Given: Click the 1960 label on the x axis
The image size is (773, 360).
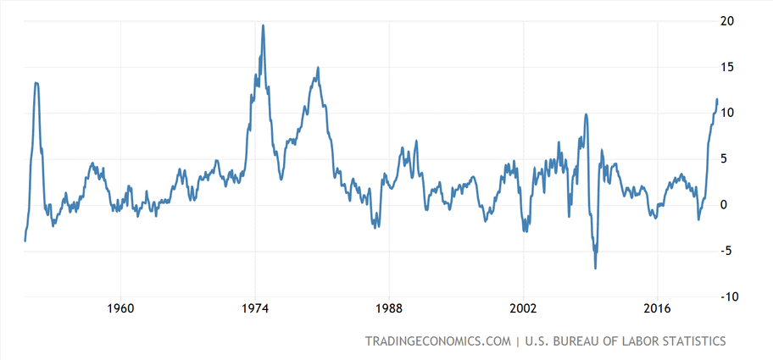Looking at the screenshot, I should pyautogui.click(x=121, y=309).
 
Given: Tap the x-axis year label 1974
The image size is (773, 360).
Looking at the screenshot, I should pyautogui.click(x=255, y=309).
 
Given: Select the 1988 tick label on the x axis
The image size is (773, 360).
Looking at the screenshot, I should pyautogui.click(x=389, y=309).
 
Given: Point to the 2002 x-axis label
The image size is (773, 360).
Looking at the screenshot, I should pyautogui.click(x=524, y=309).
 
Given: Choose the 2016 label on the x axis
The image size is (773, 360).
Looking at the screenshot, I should pyautogui.click(x=658, y=309).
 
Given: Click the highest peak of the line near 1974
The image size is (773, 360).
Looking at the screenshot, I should pyautogui.click(x=263, y=25).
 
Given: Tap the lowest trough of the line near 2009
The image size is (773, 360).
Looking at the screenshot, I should pyautogui.click(x=595, y=268).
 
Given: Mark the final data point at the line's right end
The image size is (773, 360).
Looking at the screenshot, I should pyautogui.click(x=717, y=100).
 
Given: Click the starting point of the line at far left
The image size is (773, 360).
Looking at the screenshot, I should pyautogui.click(x=25, y=241).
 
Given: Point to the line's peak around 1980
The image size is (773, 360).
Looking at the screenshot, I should pyautogui.click(x=318, y=68).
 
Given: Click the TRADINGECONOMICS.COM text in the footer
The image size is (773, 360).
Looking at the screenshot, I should pyautogui.click(x=437, y=341).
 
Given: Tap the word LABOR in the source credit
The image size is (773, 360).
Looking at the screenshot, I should pyautogui.click(x=614, y=341).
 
